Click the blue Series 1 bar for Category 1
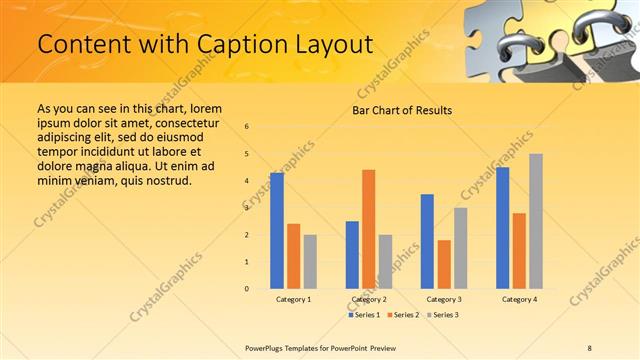coord(277,231)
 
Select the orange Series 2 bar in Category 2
coord(368,229)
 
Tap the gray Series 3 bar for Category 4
coord(536,221)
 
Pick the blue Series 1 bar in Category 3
coord(427,241)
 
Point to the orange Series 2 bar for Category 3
coord(444,264)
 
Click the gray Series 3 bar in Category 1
coord(310,262)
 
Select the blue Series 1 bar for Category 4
coord(502,228)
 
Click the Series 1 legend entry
coord(364,315)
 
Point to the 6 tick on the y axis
coord(247,127)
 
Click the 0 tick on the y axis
coord(247,289)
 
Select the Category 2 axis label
coord(369,299)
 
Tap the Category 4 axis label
coord(519,299)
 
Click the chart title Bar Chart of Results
coord(402,110)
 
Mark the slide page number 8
coord(590,347)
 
